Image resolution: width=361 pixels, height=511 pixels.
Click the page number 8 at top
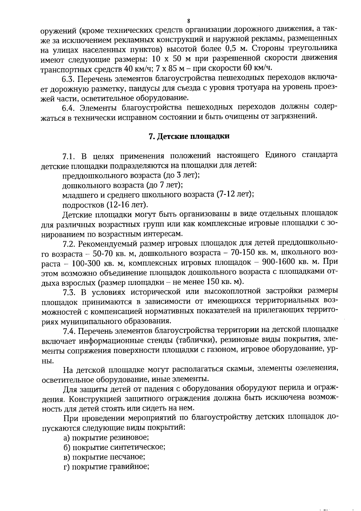[189, 21]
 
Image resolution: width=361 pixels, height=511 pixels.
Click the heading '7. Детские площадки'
[189, 136]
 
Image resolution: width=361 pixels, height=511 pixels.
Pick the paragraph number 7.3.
[69, 291]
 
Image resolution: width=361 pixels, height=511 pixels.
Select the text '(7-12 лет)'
[235, 194]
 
